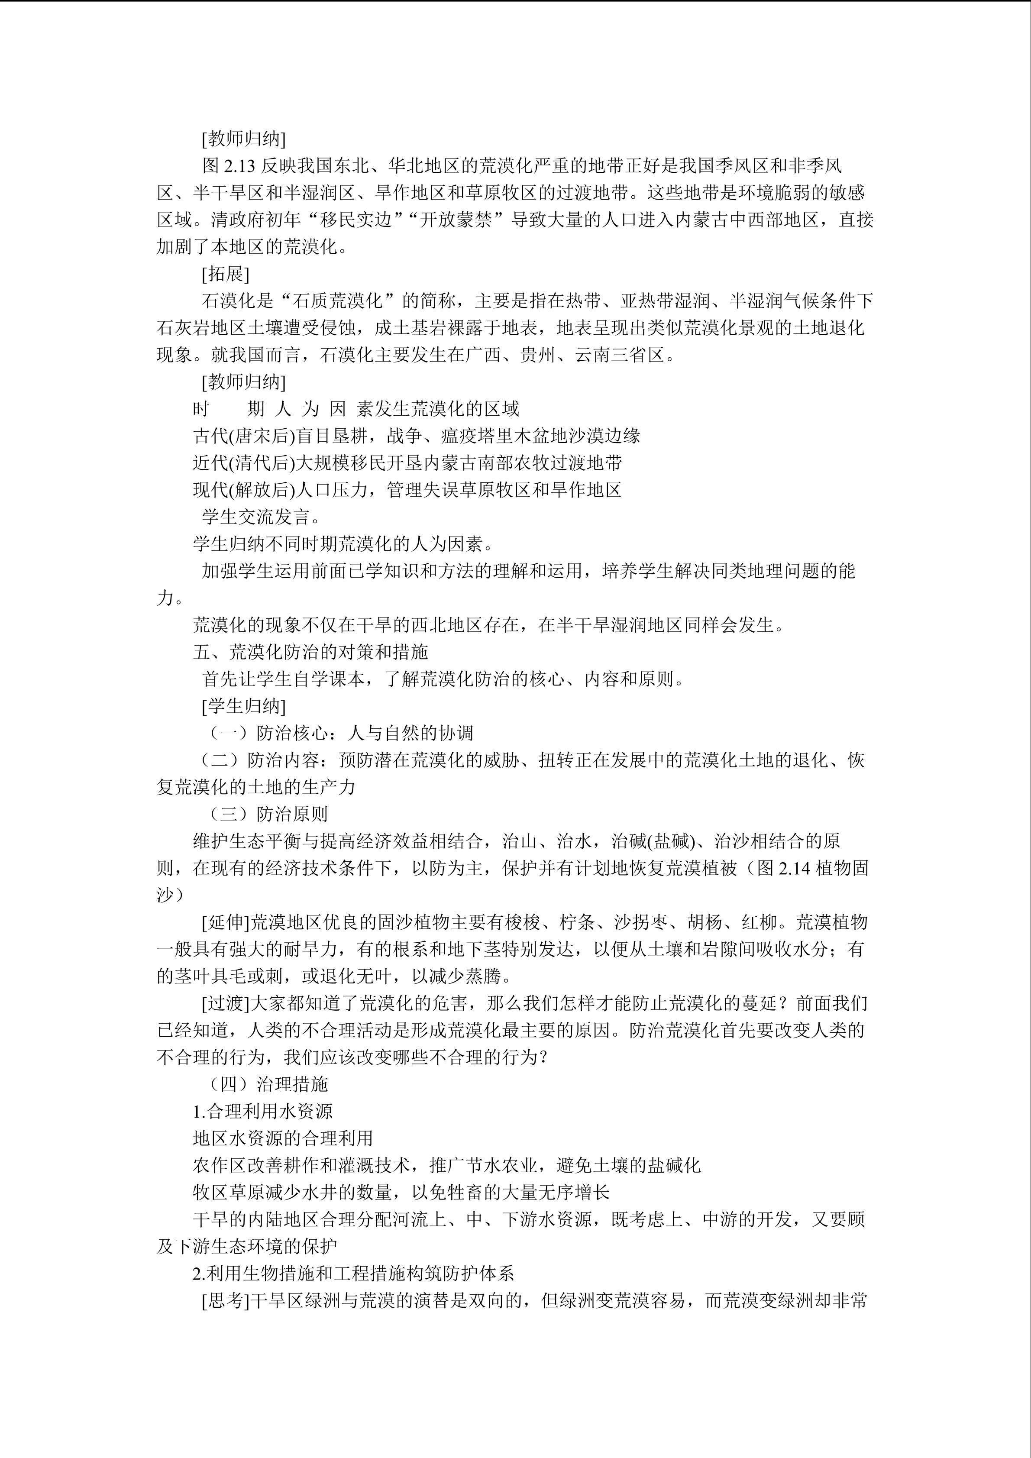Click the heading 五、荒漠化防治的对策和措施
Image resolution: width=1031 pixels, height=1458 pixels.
[x=310, y=652]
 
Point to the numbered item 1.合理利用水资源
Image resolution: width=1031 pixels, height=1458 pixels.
[x=263, y=1111]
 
